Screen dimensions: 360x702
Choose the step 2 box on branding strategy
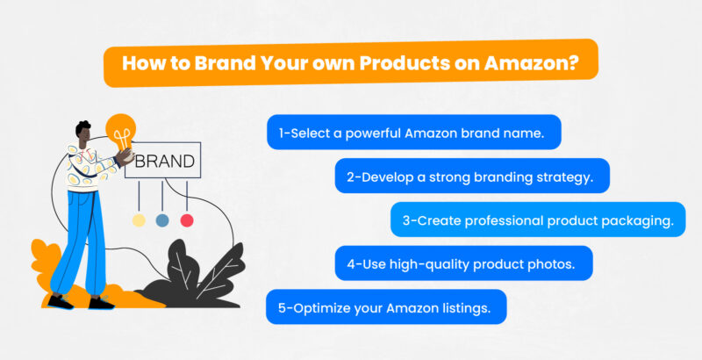[x=471, y=176]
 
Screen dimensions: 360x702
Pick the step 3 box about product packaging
[x=538, y=220]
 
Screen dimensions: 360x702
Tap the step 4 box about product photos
[x=463, y=263]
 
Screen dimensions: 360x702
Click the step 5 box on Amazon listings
[x=386, y=306]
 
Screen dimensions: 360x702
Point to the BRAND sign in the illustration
[x=165, y=162]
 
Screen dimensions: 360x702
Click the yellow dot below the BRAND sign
[x=138, y=220]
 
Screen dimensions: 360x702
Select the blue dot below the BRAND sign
[x=162, y=220]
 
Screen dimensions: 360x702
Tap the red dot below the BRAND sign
[x=187, y=220]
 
